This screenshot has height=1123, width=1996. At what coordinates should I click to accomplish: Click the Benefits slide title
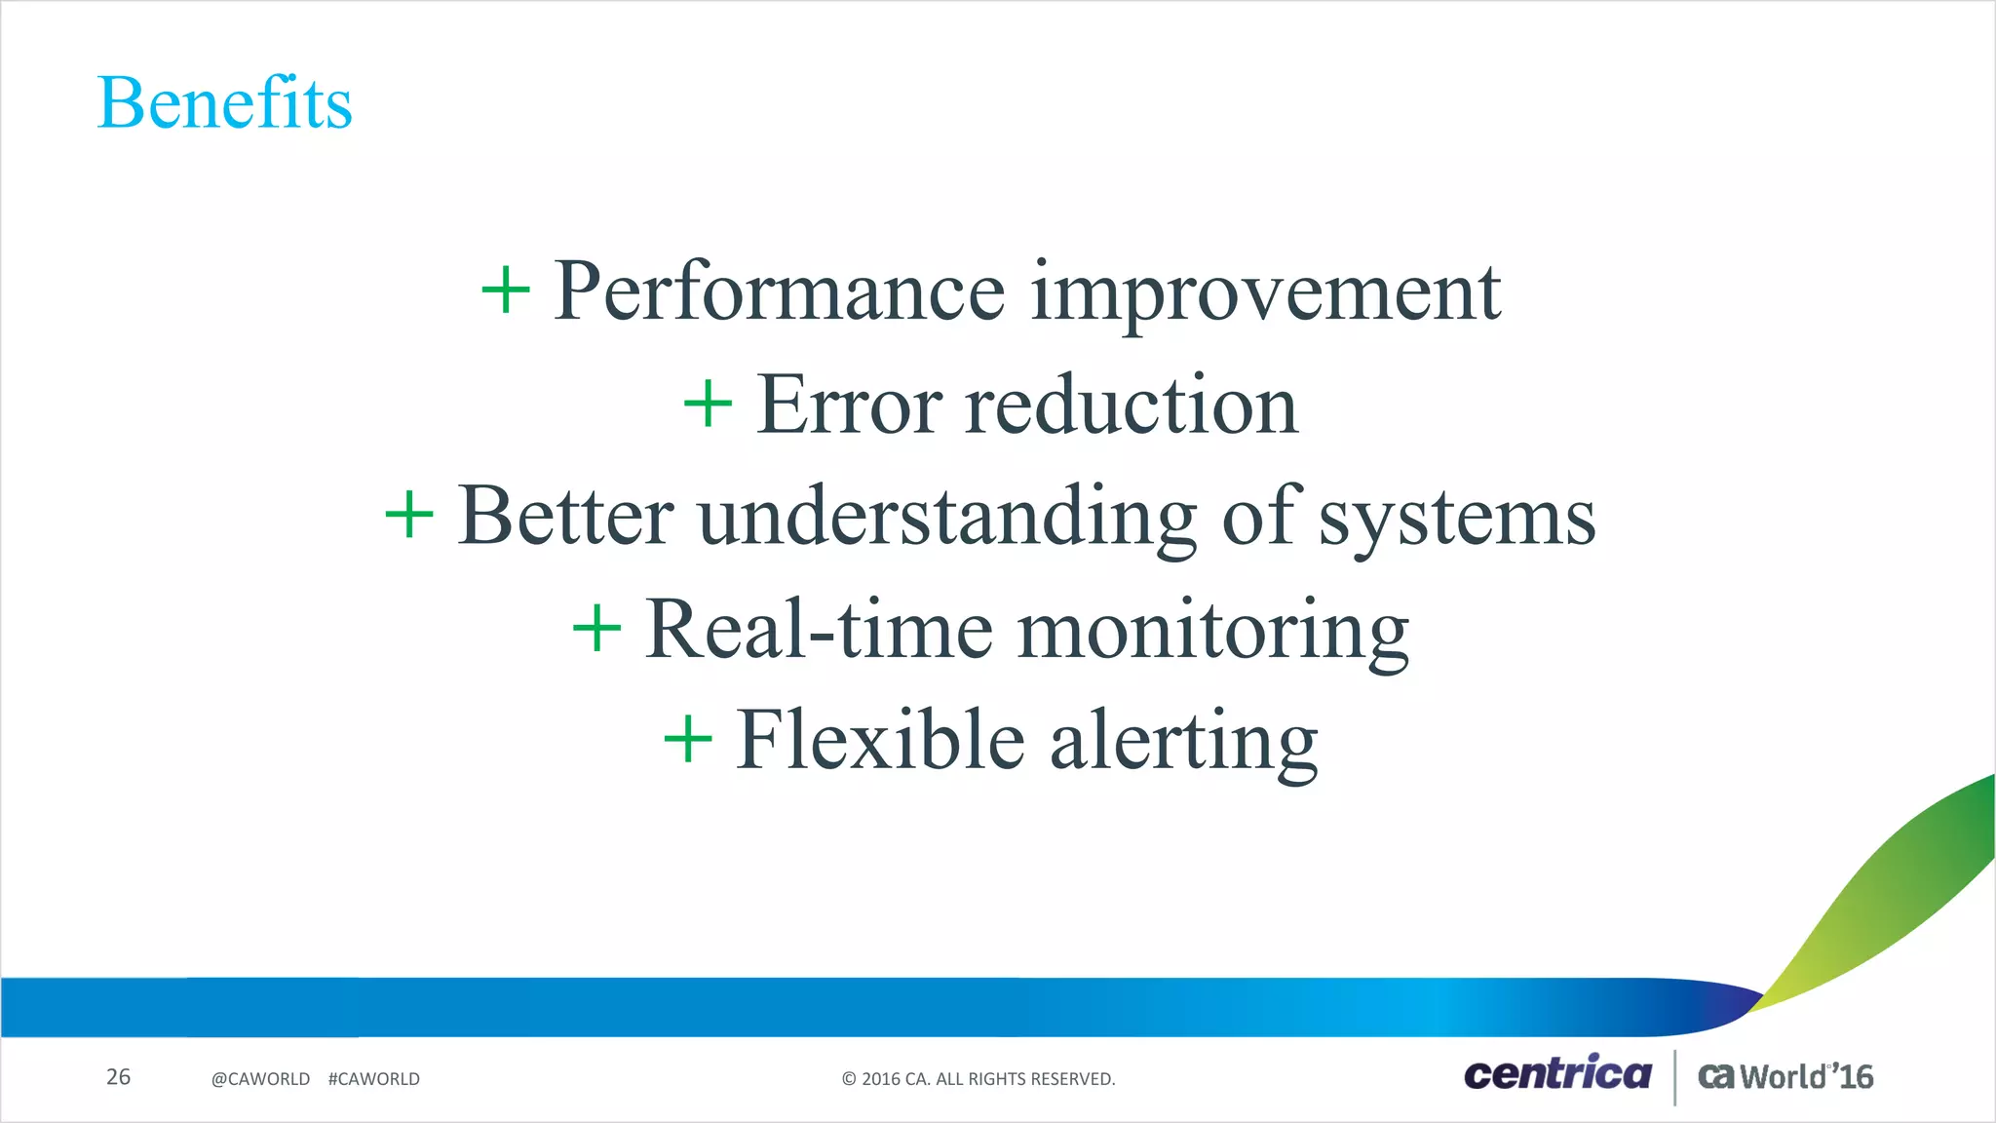coord(224,103)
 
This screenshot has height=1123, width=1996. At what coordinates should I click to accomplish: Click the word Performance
coord(779,291)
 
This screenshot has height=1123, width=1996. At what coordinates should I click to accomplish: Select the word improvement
coord(1265,291)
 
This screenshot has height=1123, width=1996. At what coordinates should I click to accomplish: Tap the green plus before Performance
coord(506,290)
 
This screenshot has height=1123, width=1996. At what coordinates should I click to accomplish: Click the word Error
coord(849,405)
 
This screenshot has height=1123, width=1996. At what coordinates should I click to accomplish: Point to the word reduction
coord(1132,405)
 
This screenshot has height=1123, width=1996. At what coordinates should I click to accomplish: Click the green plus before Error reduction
coord(708,405)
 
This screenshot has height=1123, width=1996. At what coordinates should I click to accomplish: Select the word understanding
coord(947,517)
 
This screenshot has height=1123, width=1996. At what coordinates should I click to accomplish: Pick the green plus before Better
coord(409,516)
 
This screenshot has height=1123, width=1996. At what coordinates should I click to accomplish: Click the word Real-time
coord(819,630)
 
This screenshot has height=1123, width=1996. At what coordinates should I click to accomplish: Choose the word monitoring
coord(1213,630)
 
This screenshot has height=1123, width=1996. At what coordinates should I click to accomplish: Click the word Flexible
coord(879,741)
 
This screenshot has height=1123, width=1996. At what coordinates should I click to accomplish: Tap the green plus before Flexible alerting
coord(688,740)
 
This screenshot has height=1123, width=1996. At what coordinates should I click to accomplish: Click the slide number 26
coord(118,1077)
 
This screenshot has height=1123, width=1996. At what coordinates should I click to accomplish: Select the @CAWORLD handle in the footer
coord(260,1079)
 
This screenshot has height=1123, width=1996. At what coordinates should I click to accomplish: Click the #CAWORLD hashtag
coord(374,1079)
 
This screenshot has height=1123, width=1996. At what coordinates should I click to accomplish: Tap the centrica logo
coord(1556,1074)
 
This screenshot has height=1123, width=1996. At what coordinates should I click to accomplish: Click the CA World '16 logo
coord(1785,1076)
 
